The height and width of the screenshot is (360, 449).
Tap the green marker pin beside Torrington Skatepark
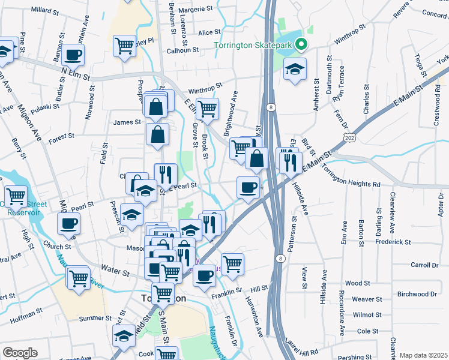[302, 44]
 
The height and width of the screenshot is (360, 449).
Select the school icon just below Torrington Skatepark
[295, 69]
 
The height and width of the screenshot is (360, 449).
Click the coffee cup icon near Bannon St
[73, 55]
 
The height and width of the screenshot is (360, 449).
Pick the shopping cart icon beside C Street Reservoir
[16, 196]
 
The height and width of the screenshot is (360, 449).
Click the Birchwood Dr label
[417, 294]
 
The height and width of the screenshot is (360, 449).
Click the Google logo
[20, 353]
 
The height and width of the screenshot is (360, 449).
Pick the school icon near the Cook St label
[124, 336]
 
